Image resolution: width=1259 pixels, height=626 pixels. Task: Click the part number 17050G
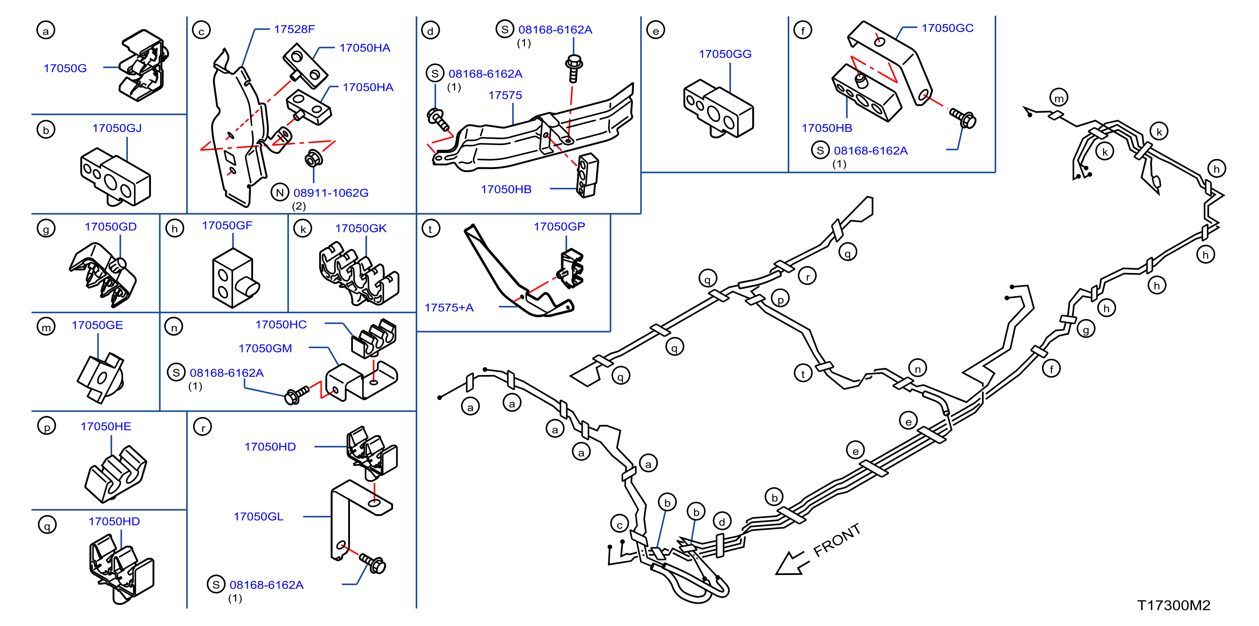(65, 68)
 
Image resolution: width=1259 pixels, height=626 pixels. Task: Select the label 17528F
(294, 30)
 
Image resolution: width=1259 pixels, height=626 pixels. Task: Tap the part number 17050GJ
(117, 128)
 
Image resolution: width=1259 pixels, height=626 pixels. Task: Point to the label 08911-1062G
(331, 193)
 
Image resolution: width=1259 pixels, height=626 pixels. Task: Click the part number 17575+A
(449, 308)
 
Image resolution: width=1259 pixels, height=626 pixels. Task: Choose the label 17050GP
(559, 227)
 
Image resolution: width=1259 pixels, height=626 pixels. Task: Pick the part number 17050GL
(258, 516)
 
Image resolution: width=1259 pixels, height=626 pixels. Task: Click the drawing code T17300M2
(1173, 605)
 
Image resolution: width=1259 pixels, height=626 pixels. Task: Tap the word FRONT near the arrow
(837, 540)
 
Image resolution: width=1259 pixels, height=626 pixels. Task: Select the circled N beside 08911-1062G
(280, 192)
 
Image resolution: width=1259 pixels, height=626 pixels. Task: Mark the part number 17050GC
(947, 28)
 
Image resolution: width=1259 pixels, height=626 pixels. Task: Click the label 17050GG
(725, 54)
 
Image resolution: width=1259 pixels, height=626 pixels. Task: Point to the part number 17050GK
(360, 228)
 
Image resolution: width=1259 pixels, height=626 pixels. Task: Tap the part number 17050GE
(97, 325)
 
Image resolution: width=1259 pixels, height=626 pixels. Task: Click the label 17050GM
(265, 348)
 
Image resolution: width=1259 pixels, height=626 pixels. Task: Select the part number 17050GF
(227, 225)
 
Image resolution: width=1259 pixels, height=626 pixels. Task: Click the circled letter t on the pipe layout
(803, 374)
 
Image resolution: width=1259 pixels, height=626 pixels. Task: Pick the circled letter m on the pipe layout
(1059, 97)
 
